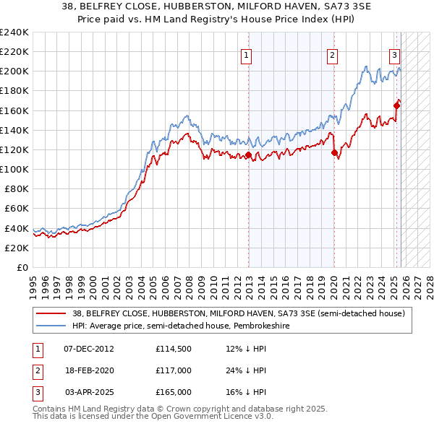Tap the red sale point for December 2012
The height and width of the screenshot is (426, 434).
[x=248, y=155]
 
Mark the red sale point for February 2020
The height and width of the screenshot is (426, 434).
[x=334, y=152]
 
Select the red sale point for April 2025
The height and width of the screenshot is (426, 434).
[x=396, y=105]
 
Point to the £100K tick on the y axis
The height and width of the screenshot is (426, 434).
[x=14, y=169]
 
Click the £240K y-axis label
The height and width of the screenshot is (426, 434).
[x=14, y=32]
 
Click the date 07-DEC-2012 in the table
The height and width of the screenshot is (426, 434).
[x=88, y=349]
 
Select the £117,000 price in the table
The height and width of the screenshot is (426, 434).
[x=174, y=370]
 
